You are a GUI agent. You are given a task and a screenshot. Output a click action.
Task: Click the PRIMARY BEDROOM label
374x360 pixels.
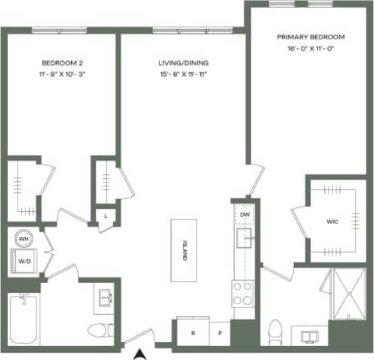pyautogui.click(x=311, y=37)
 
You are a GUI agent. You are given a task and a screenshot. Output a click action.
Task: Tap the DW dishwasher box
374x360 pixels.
pyautogui.click(x=244, y=214)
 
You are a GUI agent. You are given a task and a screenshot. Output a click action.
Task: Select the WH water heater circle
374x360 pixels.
pyautogui.click(x=24, y=239)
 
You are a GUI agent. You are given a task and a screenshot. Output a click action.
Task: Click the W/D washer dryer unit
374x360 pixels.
pyautogui.click(x=25, y=262)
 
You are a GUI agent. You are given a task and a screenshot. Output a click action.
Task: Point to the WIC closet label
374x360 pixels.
pyautogui.click(x=332, y=221)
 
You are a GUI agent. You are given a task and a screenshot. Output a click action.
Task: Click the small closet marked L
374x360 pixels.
pyautogui.click(x=105, y=217)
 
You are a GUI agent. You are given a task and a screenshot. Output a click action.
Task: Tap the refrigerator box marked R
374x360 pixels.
pyautogui.click(x=192, y=332)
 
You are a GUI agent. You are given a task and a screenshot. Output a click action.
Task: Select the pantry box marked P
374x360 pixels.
pyautogui.click(x=219, y=332)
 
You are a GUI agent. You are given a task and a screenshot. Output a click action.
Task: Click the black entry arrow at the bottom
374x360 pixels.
pyautogui.click(x=139, y=354)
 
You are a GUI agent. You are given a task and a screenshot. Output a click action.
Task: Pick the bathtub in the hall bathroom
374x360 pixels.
pyautogui.click(x=24, y=319)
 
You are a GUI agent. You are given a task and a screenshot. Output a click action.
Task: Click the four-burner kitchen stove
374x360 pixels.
pyautogui.click(x=242, y=293)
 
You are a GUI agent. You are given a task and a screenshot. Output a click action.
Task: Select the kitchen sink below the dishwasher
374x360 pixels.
pyautogui.click(x=245, y=239)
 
